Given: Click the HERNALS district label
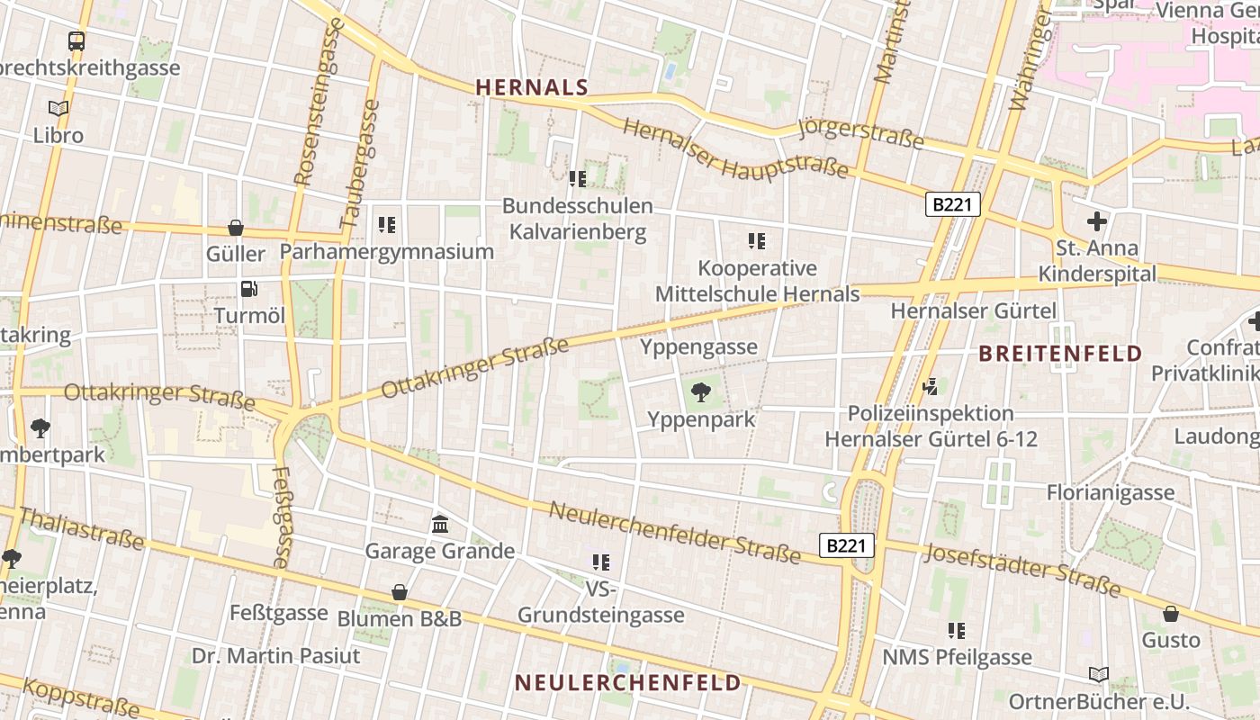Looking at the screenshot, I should [x=531, y=87].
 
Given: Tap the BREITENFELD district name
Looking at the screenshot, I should [x=1060, y=353].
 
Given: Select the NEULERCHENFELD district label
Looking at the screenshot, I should [x=627, y=682].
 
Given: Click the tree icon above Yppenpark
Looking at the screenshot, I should [x=700, y=392].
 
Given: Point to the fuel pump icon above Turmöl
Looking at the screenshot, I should [x=248, y=289].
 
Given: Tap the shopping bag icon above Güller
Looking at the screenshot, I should [x=236, y=228].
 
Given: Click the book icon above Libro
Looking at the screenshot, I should [x=58, y=108].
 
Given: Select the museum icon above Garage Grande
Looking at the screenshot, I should [x=440, y=524].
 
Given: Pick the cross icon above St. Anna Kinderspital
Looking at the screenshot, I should [x=1097, y=220].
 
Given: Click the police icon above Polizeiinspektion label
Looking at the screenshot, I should [x=931, y=387].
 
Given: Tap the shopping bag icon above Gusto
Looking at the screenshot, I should [x=1171, y=614].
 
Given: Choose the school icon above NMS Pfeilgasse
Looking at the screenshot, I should [x=956, y=631].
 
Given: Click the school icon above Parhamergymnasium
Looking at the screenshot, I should [x=387, y=225].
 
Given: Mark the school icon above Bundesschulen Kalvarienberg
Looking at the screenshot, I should [x=577, y=179].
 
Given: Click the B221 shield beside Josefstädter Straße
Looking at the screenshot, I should [x=847, y=545].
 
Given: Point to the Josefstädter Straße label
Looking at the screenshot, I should [x=1022, y=571].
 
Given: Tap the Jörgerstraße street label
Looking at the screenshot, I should [x=860, y=133].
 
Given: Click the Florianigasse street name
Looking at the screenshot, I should [x=1110, y=492].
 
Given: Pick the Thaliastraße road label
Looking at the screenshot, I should [x=81, y=528].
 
